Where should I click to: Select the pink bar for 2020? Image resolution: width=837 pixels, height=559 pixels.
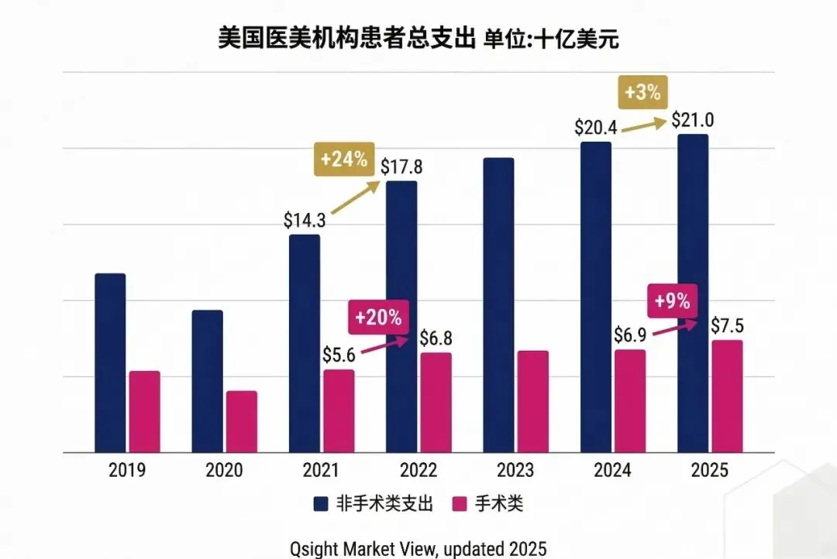[242, 421]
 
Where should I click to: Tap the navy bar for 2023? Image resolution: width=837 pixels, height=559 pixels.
[498, 305]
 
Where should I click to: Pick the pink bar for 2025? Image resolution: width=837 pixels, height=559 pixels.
[727, 396]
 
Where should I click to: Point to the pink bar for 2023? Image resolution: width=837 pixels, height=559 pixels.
[533, 401]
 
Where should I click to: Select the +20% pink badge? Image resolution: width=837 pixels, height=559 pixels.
[378, 317]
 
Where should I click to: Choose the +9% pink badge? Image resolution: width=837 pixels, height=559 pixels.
[673, 301]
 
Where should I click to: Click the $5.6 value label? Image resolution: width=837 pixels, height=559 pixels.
[339, 355]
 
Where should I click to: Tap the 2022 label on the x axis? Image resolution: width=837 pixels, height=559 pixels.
[418, 470]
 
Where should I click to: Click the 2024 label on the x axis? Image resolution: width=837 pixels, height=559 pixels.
[613, 470]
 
